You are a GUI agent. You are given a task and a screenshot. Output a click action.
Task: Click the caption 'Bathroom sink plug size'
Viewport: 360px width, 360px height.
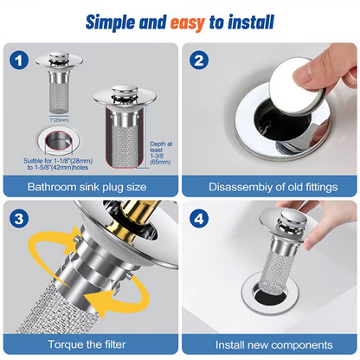point(90,186)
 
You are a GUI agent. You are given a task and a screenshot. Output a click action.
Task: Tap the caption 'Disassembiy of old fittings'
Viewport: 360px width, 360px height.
point(270,186)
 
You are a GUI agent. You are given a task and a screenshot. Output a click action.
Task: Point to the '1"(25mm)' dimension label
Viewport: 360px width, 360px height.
point(60,119)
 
